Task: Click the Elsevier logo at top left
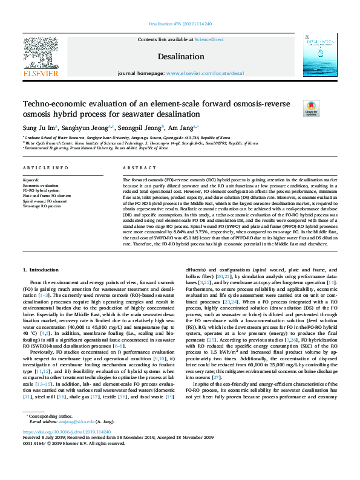coord(42,57)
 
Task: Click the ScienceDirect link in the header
coord(208,39)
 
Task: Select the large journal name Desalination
coord(180,57)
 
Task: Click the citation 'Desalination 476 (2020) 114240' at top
coord(180,24)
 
